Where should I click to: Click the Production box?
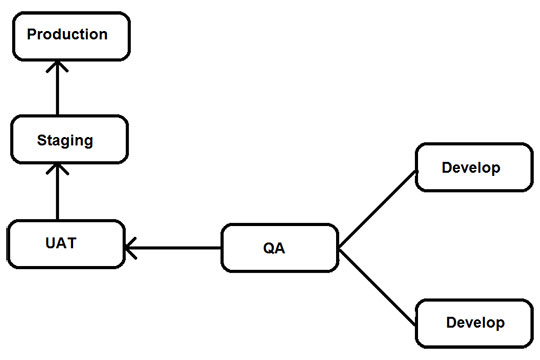point(67,36)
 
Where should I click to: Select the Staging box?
point(65,140)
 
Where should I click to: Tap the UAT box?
point(64,243)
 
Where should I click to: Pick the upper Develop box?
point(471,167)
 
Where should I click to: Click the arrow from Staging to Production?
point(57,90)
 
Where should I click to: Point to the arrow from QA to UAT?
point(175,247)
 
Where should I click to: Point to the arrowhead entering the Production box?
point(57,65)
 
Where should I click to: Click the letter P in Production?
point(32,35)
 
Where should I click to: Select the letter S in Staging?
point(41,140)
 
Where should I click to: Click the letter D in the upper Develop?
point(447,167)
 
